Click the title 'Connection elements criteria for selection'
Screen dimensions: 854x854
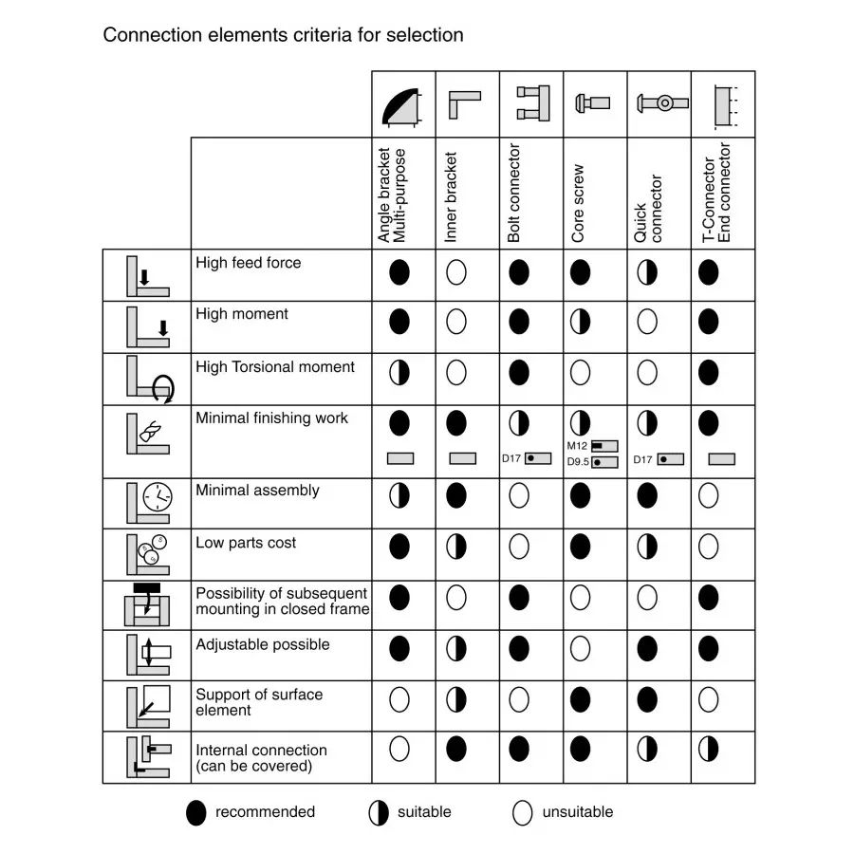pyautogui.click(x=283, y=36)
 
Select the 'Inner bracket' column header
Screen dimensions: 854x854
pyautogui.click(x=452, y=196)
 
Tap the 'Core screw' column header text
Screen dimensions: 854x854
pyautogui.click(x=579, y=203)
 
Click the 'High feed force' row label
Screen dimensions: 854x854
pyautogui.click(x=248, y=263)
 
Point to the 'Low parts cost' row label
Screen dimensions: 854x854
pyautogui.click(x=246, y=543)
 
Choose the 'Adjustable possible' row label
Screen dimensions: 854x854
pyautogui.click(x=263, y=644)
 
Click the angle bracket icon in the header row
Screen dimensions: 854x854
pyautogui.click(x=402, y=104)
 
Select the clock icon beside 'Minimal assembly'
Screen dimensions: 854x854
pyautogui.click(x=158, y=495)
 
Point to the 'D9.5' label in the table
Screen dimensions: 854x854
pyautogui.click(x=579, y=462)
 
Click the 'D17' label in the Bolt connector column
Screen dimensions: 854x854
pyautogui.click(x=511, y=459)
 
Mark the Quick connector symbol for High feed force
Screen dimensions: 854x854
pyautogui.click(x=647, y=273)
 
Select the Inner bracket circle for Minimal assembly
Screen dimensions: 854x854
pyautogui.click(x=456, y=494)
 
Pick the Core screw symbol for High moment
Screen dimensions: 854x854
pyautogui.click(x=580, y=322)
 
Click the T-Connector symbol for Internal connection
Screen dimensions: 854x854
pyautogui.click(x=709, y=749)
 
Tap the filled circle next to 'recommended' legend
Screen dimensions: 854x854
pyautogui.click(x=196, y=813)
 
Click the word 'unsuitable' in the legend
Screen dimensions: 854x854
pyautogui.click(x=577, y=812)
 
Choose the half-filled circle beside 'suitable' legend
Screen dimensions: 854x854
pyautogui.click(x=379, y=813)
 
